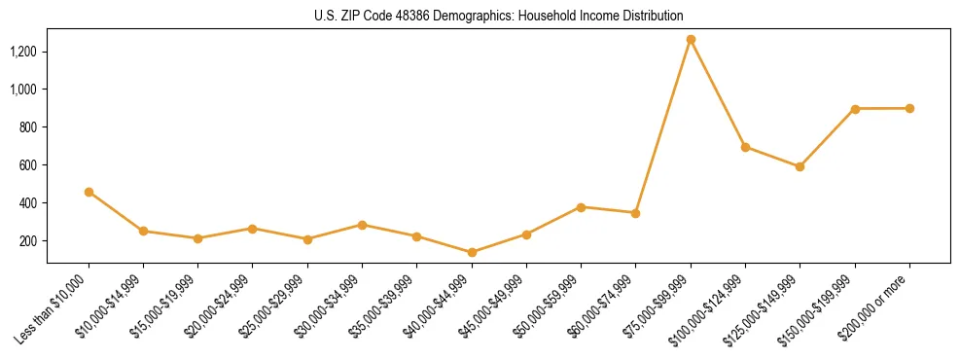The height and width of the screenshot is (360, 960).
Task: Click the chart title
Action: [x=498, y=16]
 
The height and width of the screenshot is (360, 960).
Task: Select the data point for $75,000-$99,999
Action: [x=691, y=40]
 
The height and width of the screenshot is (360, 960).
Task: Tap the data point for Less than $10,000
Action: [x=89, y=192]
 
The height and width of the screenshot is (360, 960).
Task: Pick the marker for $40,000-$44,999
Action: [x=472, y=252]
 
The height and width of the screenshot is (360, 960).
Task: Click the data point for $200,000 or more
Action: [x=909, y=108]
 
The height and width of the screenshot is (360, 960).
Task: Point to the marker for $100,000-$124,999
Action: [x=745, y=147]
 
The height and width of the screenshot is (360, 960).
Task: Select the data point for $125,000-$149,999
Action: [x=800, y=166]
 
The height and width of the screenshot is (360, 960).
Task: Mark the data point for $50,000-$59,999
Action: [x=581, y=207]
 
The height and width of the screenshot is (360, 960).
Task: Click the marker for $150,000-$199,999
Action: [x=855, y=108]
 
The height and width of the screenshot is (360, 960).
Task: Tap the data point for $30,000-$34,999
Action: [x=362, y=225]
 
